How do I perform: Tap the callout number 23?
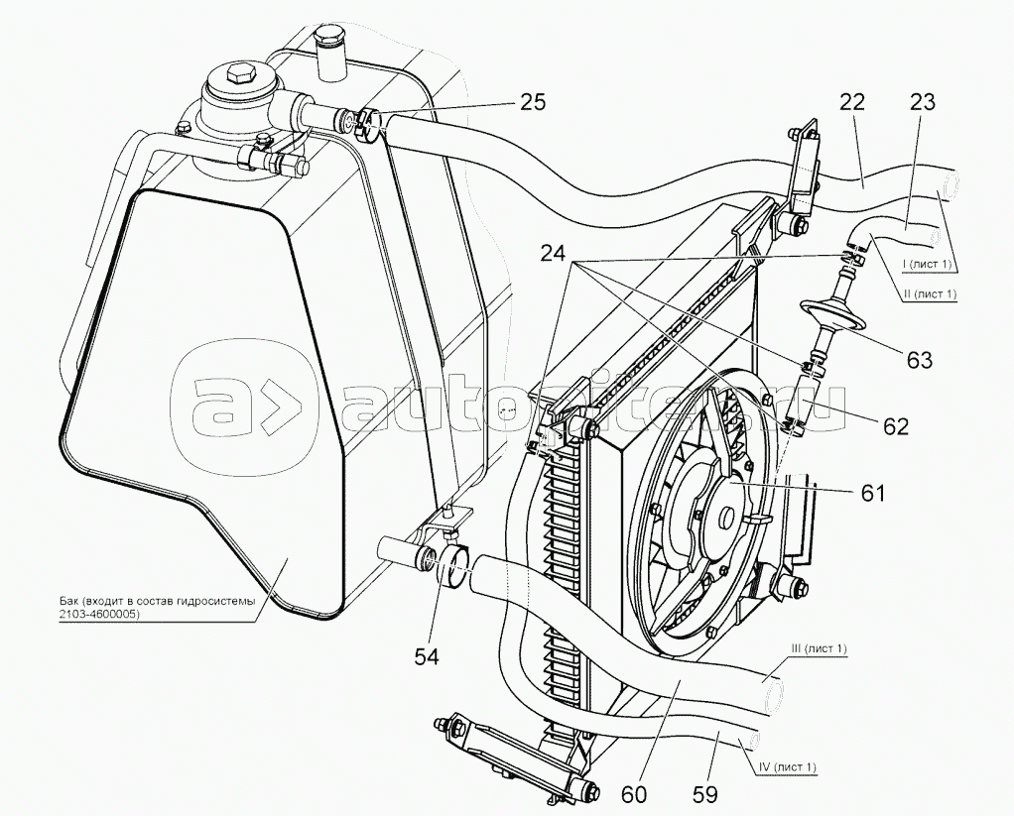pyautogui.click(x=922, y=102)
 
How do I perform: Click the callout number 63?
pyautogui.click(x=919, y=359)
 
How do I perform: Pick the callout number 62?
pyautogui.click(x=895, y=425)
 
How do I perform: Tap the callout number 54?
pyautogui.click(x=427, y=656)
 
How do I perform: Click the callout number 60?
pyautogui.click(x=634, y=794)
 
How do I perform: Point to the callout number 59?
pyautogui.click(x=704, y=794)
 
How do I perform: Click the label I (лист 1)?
pyautogui.click(x=926, y=265)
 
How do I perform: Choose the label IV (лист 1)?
pyautogui.click(x=785, y=766)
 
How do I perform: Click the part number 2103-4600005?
pyautogui.click(x=97, y=616)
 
